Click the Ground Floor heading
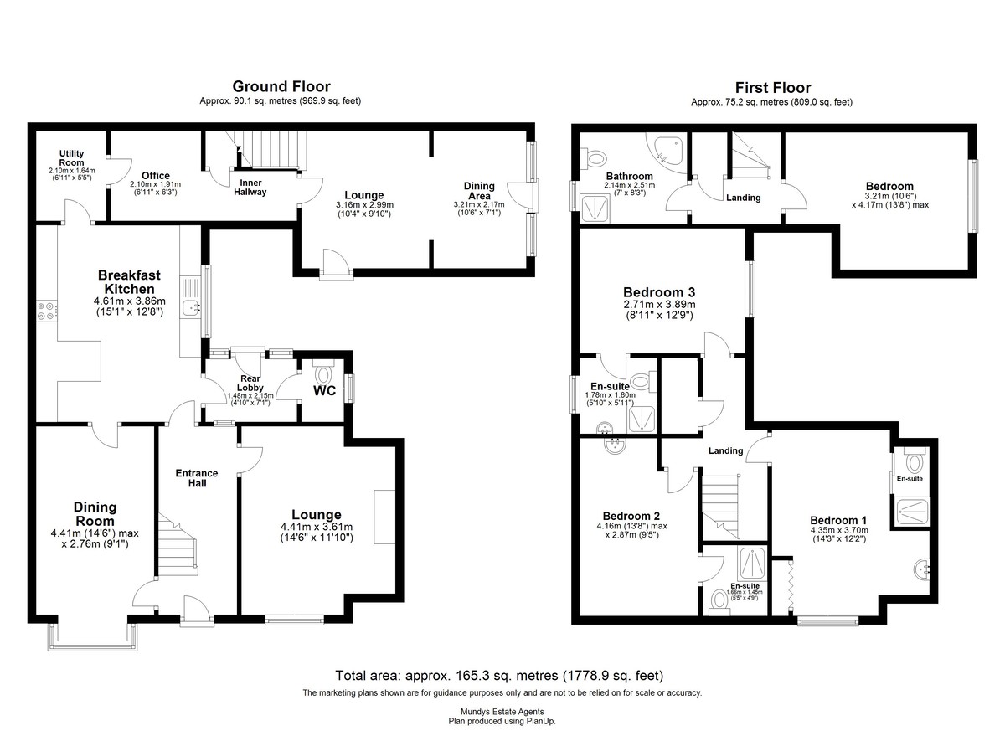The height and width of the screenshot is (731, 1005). pos(281,86)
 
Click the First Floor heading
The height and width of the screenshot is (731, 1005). pos(772,87)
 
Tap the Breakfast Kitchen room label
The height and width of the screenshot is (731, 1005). pos(129,281)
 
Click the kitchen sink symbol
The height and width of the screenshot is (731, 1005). pos(192,307)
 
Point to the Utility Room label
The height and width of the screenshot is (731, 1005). pos(72,158)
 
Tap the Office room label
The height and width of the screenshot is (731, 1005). pos(156,175)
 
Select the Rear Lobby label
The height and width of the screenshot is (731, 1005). pos(250,384)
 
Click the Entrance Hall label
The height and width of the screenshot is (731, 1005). pos(197,478)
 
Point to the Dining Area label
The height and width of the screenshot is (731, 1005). pos(479,191)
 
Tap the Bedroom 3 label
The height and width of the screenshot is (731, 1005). pos(659,292)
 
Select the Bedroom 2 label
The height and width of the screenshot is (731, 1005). pos(631,516)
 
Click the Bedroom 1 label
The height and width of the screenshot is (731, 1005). pos(838,521)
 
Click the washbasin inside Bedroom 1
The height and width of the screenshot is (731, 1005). pos(921,569)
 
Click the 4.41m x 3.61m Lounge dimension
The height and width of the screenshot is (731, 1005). pos(317,527)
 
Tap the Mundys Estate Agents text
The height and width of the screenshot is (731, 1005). pos(502,712)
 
